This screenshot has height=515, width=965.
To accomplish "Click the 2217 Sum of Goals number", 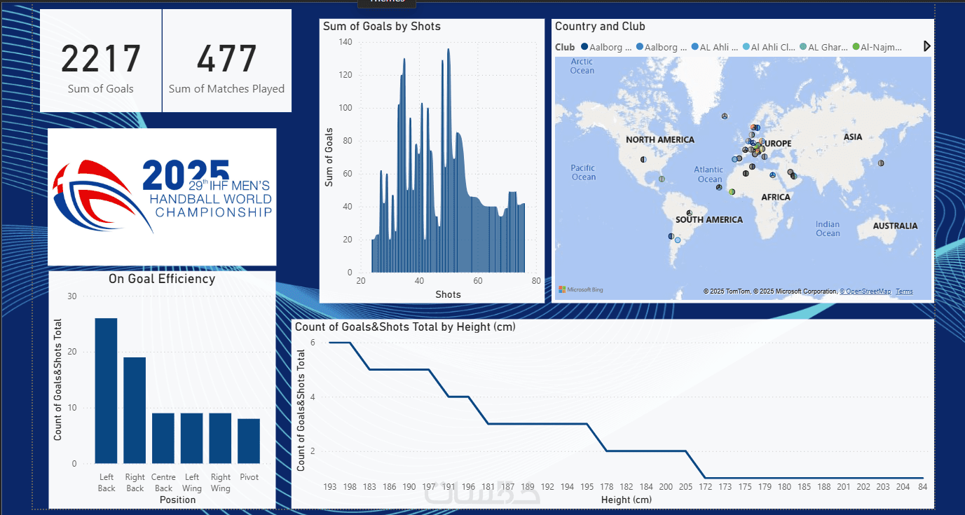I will coord(101,60).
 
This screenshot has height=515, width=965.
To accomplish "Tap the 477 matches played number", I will coord(226,60).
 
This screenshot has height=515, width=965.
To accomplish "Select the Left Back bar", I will coord(107,390).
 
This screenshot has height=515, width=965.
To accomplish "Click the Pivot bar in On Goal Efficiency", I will coord(249,441).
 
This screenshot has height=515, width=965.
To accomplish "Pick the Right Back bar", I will coord(135,410).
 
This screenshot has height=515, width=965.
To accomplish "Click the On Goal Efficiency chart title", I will coord(161,279).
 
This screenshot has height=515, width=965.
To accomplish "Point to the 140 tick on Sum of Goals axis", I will coord(345,42).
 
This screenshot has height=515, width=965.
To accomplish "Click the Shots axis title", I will coord(448,294).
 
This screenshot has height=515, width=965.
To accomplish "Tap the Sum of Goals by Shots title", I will coord(382,27).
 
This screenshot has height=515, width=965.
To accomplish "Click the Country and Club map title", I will coord(600,27).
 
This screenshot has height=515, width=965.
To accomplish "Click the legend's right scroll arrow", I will coord(927,46).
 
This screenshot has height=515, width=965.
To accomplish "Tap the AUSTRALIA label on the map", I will coord(895,226).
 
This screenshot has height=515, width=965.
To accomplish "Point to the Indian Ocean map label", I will coord(828,229).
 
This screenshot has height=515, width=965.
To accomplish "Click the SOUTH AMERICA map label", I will coord(709,220).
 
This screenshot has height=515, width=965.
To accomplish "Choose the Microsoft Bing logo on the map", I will coord(580,289).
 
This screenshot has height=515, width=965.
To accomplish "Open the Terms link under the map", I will coord(904,291).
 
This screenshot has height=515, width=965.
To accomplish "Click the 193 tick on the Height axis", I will coord(330,486).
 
